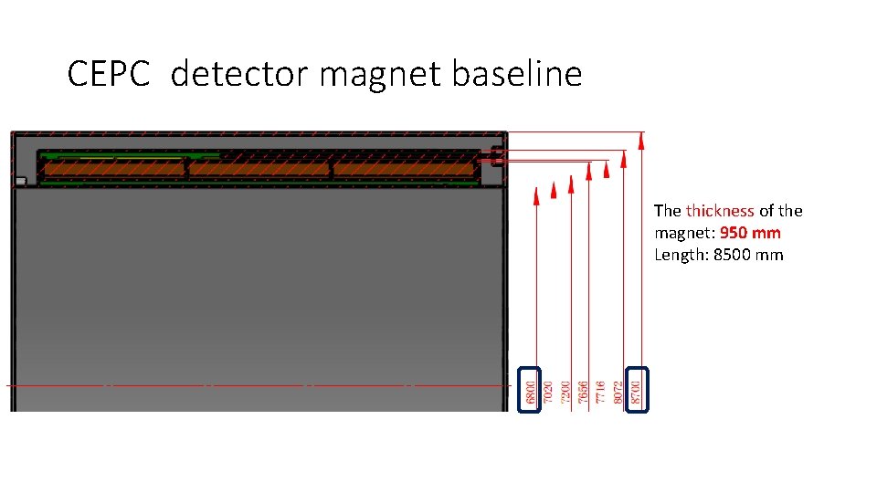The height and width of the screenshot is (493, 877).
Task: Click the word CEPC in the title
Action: [x=108, y=74]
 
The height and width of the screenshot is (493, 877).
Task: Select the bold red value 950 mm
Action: [x=750, y=233]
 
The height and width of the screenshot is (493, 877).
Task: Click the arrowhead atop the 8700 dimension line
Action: [x=641, y=140]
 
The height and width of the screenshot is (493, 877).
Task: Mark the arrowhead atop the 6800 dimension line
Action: [x=537, y=196]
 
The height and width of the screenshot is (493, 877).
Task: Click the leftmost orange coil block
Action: [x=114, y=169]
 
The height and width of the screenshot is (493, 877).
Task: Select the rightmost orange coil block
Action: [x=405, y=169]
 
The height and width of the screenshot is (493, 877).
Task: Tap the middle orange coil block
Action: [x=259, y=169]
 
